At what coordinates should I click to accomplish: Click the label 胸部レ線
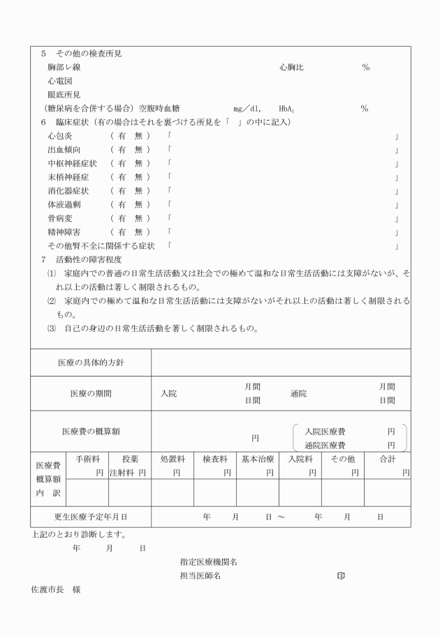(61, 68)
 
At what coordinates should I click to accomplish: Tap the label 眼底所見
(61, 95)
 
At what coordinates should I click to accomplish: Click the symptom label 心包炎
(59, 137)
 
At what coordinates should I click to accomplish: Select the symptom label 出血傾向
(64, 150)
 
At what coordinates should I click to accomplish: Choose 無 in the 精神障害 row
(138, 231)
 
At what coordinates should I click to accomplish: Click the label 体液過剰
(64, 204)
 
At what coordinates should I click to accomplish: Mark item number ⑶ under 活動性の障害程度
(51, 328)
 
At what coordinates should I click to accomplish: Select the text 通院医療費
(325, 445)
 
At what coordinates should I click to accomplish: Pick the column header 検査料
(214, 459)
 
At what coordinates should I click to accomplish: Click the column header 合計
(388, 459)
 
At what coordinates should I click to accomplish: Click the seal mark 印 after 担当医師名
(341, 575)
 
